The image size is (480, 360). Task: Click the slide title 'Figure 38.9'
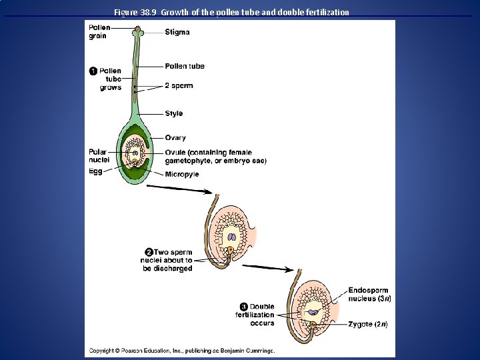[231, 12]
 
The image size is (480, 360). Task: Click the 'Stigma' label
[177, 32]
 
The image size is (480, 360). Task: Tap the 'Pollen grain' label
[100, 32]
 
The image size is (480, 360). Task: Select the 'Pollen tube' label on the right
[185, 66]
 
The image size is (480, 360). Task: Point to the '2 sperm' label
[179, 86]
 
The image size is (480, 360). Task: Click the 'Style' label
[174, 113]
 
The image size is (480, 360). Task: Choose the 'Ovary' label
[175, 137]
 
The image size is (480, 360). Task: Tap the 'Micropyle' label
[182, 175]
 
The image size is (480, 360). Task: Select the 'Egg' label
[95, 171]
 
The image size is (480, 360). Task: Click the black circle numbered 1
[94, 71]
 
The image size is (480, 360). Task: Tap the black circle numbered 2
[149, 252]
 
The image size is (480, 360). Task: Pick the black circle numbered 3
[244, 307]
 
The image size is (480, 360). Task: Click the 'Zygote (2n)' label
[367, 325]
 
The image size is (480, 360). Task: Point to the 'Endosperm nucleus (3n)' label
[369, 295]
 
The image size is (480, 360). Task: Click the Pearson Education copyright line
[182, 350]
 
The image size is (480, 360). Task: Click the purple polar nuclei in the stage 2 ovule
[231, 236]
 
